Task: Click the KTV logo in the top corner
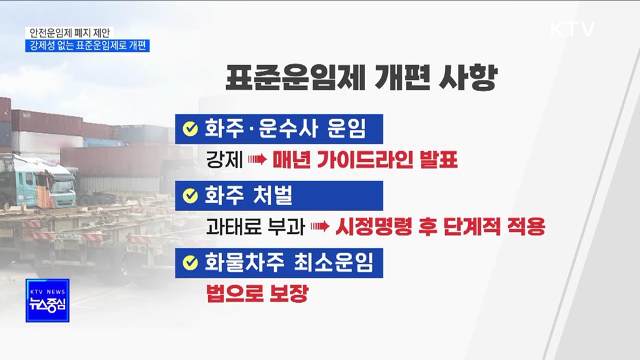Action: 572,30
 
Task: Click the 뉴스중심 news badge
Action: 47,300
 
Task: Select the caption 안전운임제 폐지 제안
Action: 70,32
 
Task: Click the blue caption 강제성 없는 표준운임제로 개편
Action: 88,46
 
